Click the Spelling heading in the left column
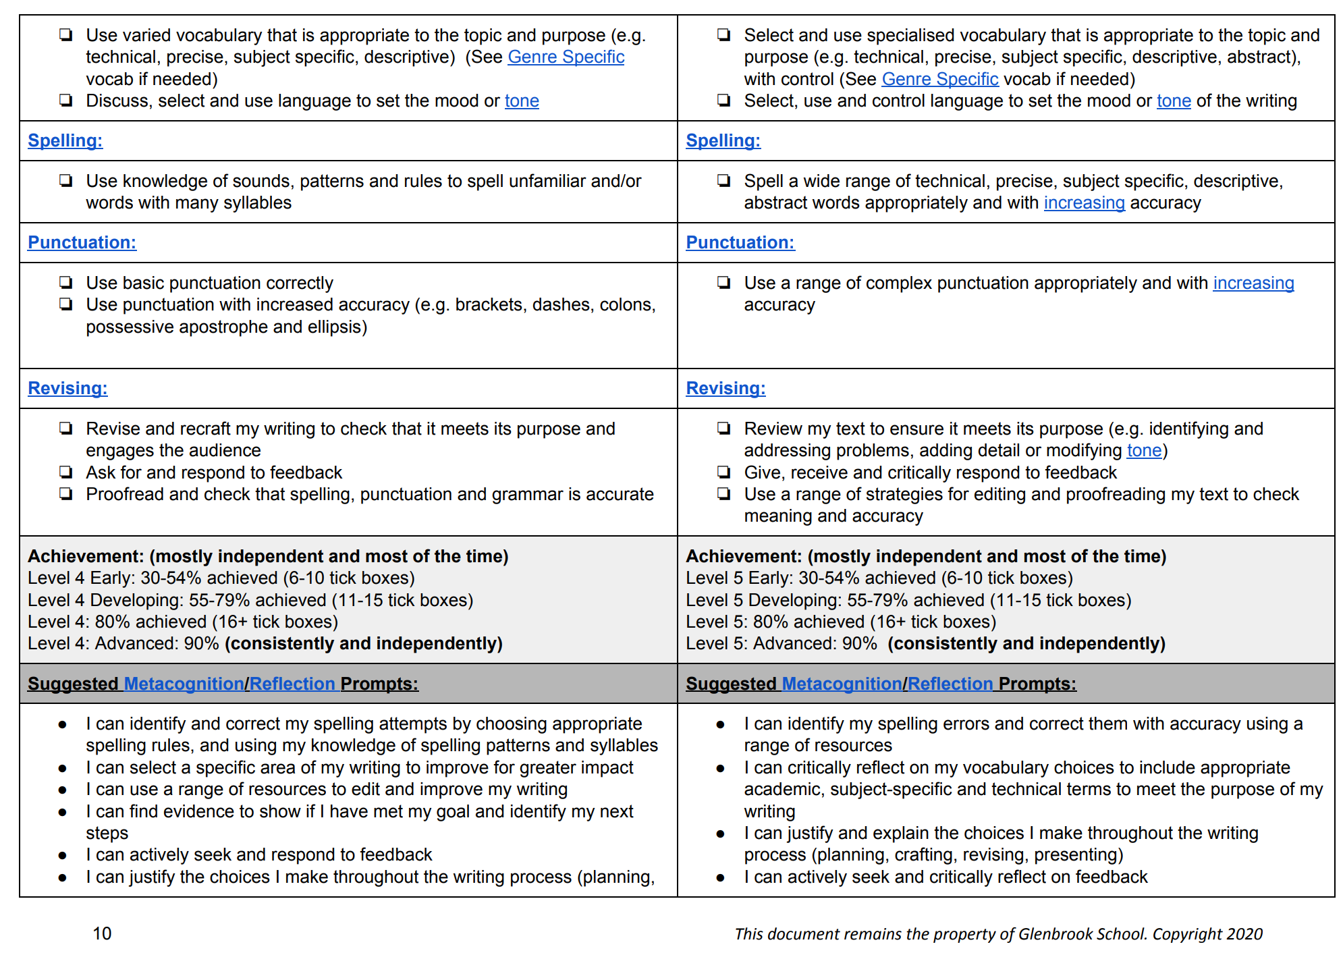[65, 140]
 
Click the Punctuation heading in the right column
[740, 242]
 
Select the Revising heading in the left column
[67, 388]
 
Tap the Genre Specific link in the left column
[566, 57]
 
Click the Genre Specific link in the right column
[939, 79]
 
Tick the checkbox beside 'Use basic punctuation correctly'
[65, 282]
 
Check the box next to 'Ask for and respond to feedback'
[65, 472]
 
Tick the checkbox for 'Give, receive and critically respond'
[723, 472]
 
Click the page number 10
[102, 933]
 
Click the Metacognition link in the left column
[184, 684]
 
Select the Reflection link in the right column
[950, 684]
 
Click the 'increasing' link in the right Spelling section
[1084, 202]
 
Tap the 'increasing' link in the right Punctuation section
[1253, 283]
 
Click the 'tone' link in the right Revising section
[1144, 450]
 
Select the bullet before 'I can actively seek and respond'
[63, 855]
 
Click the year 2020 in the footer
[1244, 934]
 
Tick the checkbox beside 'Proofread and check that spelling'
[65, 494]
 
